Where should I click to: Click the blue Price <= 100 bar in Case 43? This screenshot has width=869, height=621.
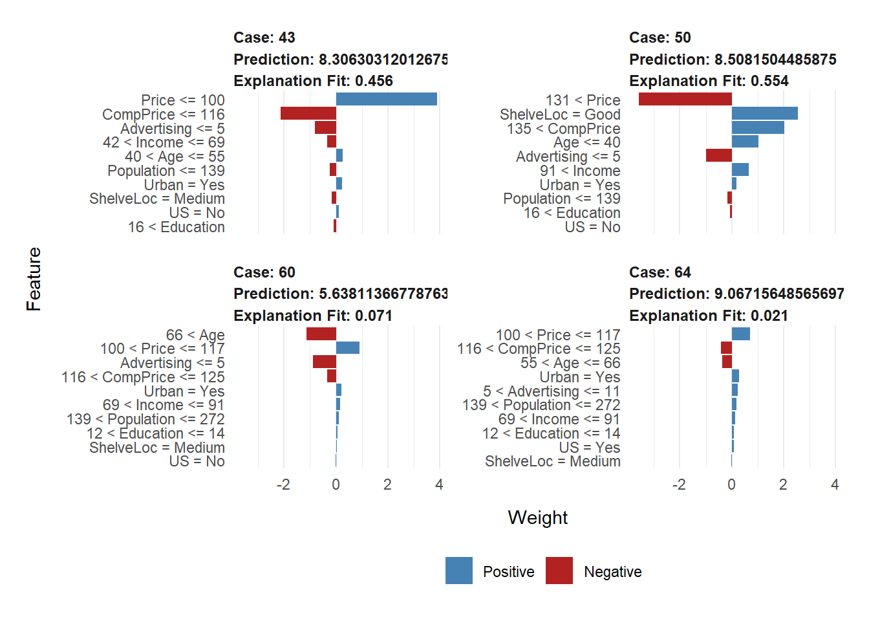coord(386,99)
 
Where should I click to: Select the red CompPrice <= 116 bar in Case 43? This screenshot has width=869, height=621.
coord(308,113)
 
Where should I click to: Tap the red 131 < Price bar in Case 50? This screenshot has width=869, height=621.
coord(685,99)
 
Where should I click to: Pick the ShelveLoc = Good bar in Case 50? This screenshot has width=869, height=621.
coord(764,113)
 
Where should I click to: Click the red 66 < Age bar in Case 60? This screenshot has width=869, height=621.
coord(321,334)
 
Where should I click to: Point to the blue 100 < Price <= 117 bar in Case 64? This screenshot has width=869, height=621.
coord(740,334)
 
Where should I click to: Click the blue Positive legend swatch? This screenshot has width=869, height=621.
coord(458,571)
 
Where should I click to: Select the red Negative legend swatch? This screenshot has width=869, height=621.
coord(559,571)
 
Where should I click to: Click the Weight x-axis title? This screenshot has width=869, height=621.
coord(537,517)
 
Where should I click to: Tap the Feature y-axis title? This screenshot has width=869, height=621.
coord(34,279)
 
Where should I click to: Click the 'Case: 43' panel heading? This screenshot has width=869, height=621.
coord(264,38)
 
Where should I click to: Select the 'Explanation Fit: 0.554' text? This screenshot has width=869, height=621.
coord(709,81)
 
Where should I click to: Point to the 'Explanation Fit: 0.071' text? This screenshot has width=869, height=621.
coord(313,316)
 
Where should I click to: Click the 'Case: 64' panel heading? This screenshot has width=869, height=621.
coord(660,272)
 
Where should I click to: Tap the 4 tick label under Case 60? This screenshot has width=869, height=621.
coord(439,485)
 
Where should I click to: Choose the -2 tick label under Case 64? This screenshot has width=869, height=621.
coord(678,485)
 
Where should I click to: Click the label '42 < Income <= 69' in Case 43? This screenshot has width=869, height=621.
coord(164,142)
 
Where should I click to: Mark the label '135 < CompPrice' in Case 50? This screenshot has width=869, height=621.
coord(563,128)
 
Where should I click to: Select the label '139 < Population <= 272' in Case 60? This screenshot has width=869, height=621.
coord(145,419)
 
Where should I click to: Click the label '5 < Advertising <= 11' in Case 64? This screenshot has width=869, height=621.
coord(552,391)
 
